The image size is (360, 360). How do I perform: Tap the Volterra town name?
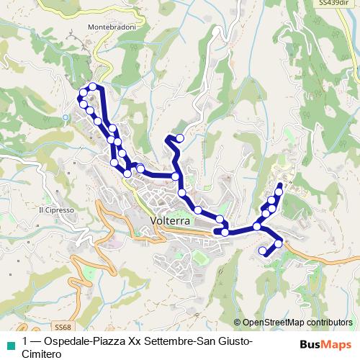[171, 221]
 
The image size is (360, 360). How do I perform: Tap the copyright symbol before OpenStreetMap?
[238, 322]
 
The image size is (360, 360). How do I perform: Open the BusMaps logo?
[325, 343]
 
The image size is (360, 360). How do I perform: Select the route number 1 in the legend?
[25, 341]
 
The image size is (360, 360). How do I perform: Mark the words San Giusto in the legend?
[222, 341]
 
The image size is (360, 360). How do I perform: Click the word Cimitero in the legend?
[42, 354]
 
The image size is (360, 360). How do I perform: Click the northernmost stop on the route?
[93, 87]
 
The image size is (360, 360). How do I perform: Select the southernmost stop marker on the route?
[262, 251]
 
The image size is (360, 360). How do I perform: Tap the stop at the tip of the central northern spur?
[180, 138]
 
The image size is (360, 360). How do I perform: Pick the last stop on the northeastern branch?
[279, 192]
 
